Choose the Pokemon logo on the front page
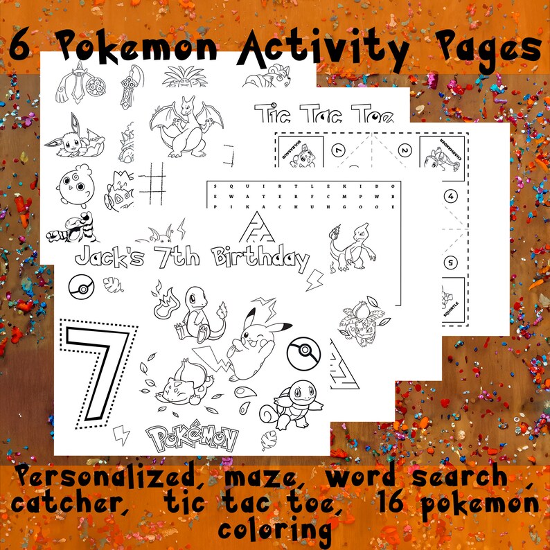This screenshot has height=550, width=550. coord(192,437)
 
